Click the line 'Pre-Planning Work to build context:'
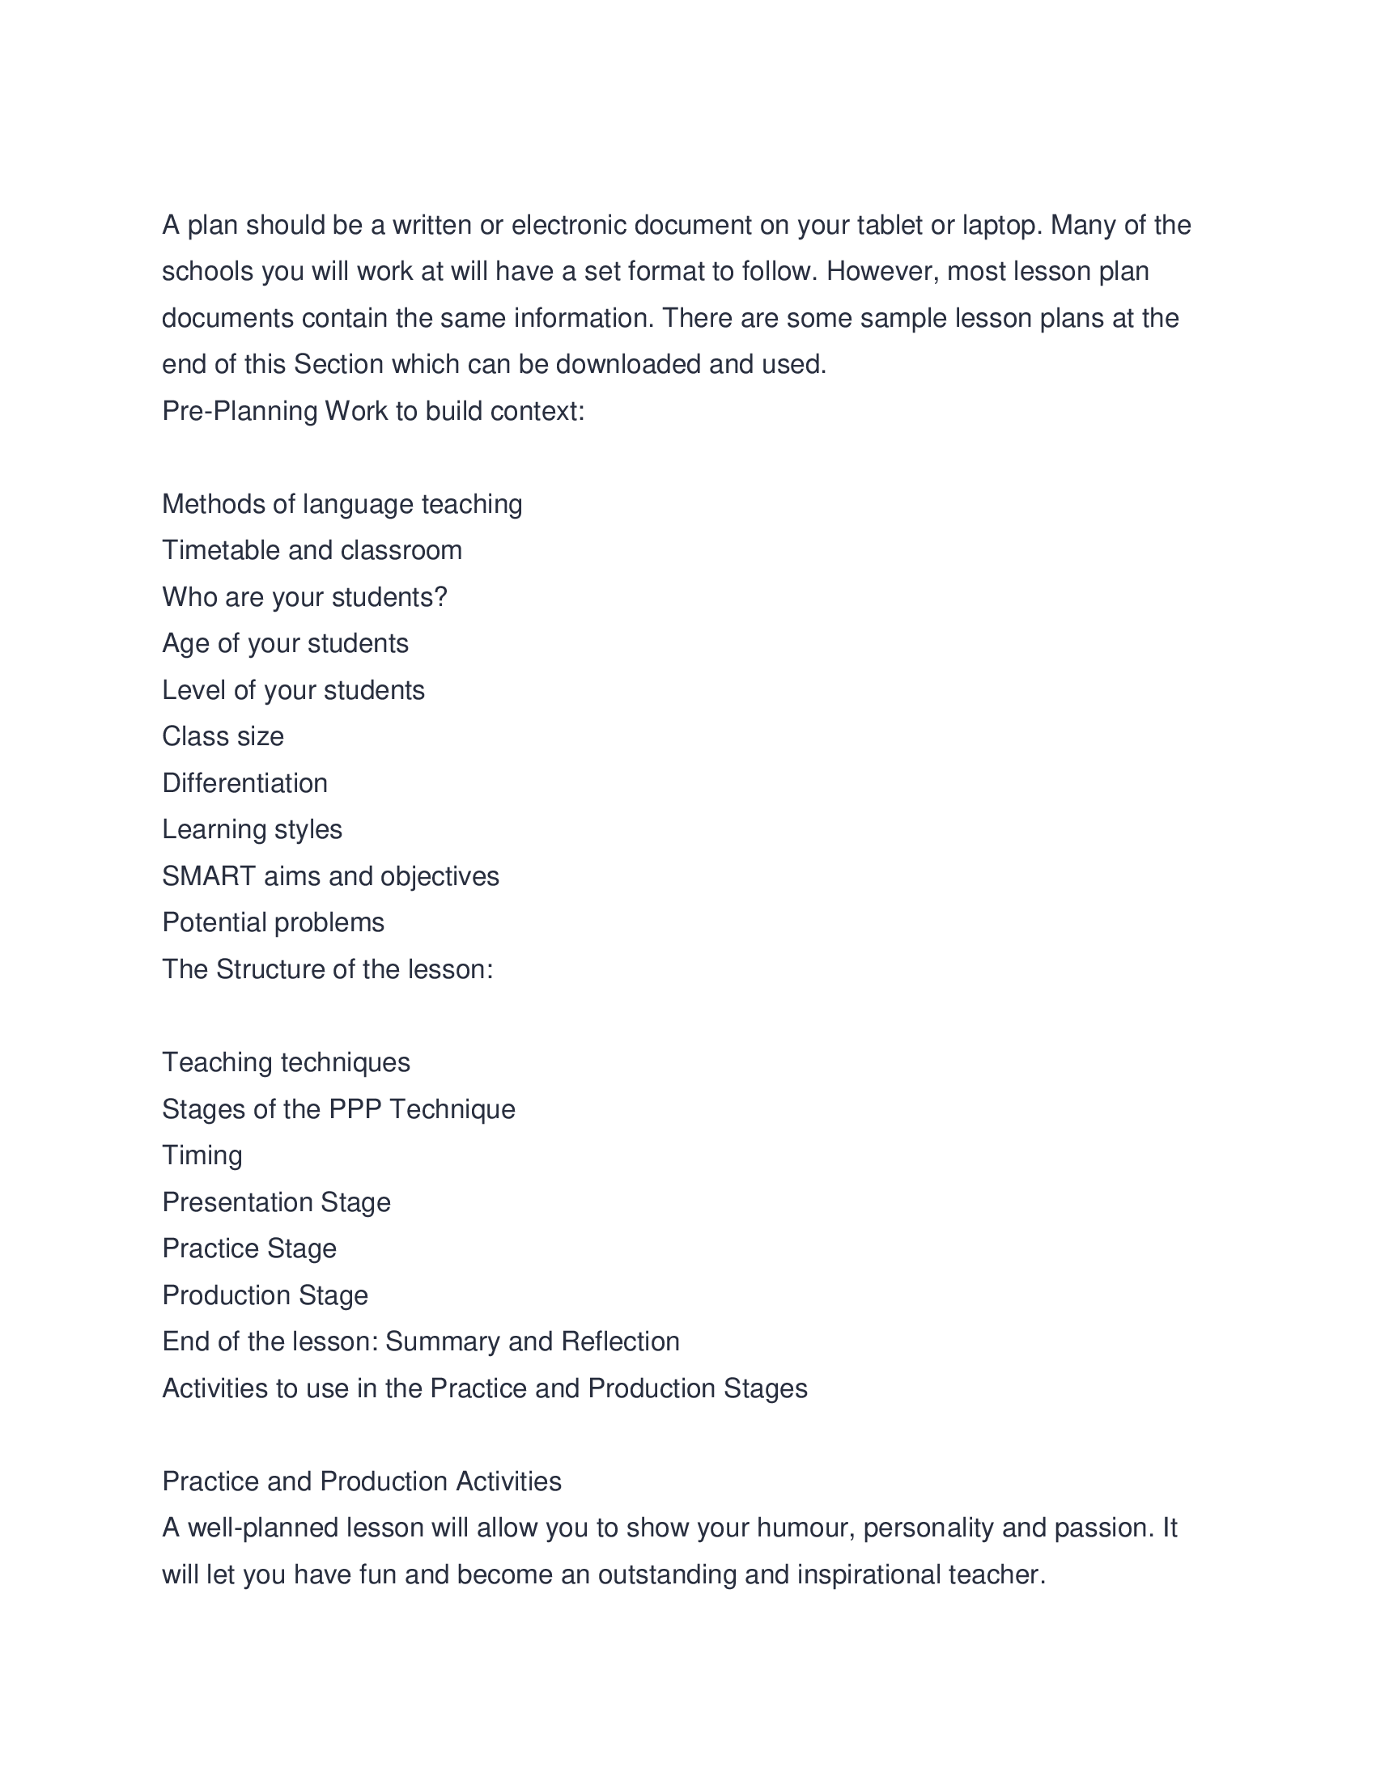click(x=373, y=411)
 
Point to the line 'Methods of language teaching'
click(x=342, y=505)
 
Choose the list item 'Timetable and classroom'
click(x=312, y=551)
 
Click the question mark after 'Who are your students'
click(x=442, y=597)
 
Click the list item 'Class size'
click(x=223, y=737)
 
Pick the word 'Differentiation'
click(x=244, y=783)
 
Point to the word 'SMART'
click(x=209, y=876)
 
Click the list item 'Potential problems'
click(x=273, y=922)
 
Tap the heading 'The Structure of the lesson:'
click(x=328, y=969)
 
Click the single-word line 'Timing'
click(x=202, y=1155)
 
